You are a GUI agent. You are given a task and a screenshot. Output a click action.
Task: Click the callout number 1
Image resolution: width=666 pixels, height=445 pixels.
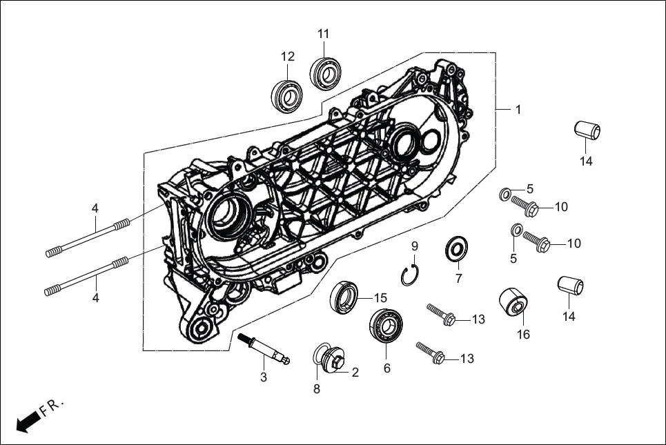point(518,110)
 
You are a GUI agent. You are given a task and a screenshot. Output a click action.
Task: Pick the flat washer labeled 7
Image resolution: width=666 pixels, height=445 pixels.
point(455,248)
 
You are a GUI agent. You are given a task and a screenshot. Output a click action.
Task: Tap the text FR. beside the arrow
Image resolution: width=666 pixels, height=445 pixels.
point(51,406)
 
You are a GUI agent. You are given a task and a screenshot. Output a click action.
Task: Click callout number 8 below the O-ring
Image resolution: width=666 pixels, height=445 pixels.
point(317,389)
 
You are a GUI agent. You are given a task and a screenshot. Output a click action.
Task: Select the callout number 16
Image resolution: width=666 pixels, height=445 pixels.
point(523,335)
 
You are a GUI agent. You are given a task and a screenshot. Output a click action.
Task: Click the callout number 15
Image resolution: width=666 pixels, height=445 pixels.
point(381,298)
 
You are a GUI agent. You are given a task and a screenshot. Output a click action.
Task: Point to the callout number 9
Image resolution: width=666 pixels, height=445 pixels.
point(415,246)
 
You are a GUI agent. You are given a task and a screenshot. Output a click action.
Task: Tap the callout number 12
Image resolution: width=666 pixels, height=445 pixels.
point(288,57)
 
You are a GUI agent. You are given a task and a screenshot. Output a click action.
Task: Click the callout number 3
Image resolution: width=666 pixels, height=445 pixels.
point(263,377)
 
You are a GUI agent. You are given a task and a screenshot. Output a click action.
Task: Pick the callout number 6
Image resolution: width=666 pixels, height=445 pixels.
point(387,368)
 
